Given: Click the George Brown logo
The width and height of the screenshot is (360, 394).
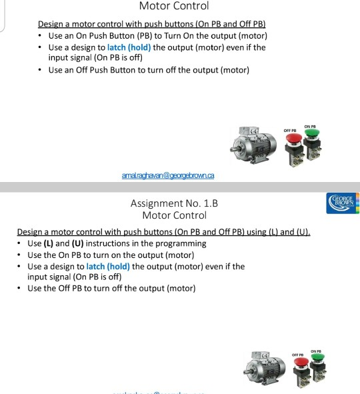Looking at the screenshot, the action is point(343,202).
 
